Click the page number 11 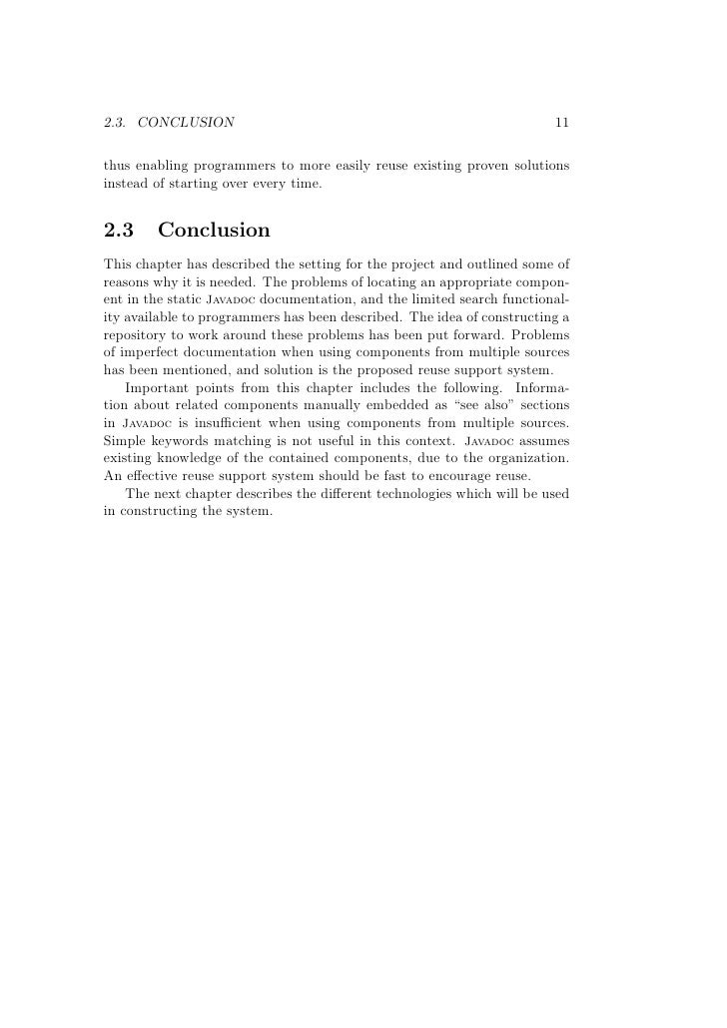[561, 123]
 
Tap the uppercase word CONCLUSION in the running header [187, 123]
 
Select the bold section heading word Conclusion [214, 231]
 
